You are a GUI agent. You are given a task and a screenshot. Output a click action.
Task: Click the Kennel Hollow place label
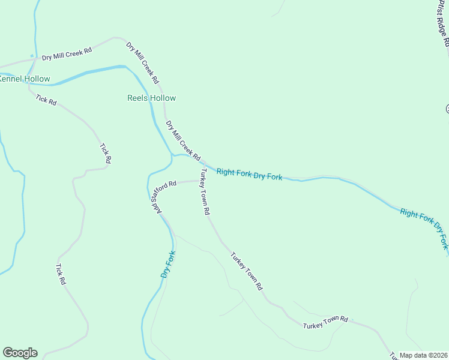(25, 79)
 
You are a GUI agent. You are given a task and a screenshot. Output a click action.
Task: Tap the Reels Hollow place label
(151, 98)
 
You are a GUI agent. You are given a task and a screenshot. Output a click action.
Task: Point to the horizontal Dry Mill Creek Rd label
(67, 54)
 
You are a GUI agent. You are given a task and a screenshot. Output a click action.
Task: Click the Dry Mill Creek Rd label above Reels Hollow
(142, 62)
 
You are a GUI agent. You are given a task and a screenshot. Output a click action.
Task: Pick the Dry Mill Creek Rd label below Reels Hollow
(183, 140)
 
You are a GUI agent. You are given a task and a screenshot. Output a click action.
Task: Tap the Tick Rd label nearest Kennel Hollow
(46, 100)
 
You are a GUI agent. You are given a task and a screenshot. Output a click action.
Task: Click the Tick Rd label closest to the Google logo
(60, 274)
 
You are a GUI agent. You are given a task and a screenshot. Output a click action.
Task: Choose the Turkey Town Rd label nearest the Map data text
(325, 322)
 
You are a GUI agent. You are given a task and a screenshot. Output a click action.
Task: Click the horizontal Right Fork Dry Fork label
(249, 175)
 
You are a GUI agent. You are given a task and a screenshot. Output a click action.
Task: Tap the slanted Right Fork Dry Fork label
(424, 229)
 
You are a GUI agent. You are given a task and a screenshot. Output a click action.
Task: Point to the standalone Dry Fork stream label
(167, 264)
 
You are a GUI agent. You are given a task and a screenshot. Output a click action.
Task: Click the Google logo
(20, 353)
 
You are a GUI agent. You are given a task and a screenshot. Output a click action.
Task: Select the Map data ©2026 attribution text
(423, 355)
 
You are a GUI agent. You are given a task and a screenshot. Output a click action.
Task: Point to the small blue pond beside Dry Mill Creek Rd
(32, 56)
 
